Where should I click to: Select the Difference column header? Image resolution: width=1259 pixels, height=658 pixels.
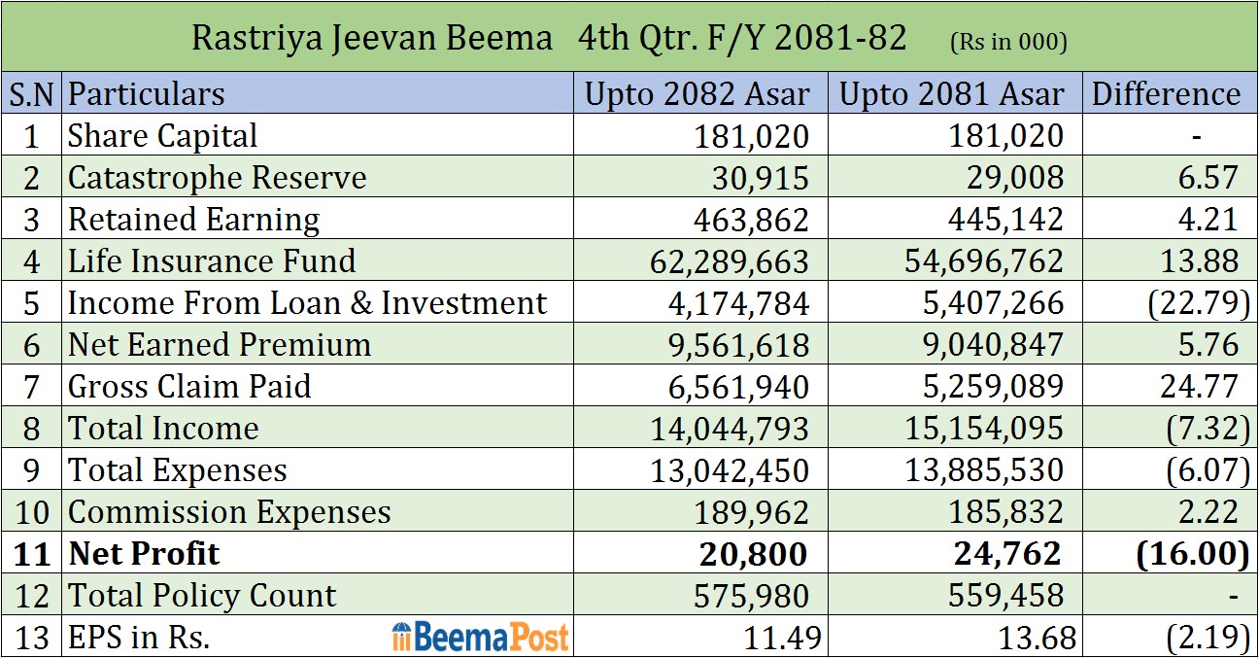tap(1166, 94)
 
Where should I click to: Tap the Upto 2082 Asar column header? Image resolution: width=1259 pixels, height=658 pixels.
tap(697, 94)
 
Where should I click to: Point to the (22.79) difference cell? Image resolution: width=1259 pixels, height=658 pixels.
tap(1198, 303)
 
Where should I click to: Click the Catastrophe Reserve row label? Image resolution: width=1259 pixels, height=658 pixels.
tap(217, 178)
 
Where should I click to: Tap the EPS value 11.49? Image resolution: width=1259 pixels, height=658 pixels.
tap(784, 638)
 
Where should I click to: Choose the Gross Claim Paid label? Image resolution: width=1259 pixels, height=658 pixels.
tap(189, 387)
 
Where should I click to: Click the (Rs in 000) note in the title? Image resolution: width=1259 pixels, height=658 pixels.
tap(1006, 41)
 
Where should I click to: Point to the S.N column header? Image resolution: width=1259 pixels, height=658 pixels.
tap(32, 94)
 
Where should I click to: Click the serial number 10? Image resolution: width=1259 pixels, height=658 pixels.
tap(32, 512)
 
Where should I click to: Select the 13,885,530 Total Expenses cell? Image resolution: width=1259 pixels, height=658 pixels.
tap(984, 470)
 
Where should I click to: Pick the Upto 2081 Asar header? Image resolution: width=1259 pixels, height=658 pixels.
tap(951, 94)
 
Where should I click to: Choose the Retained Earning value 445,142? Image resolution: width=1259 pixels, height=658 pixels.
tap(1005, 220)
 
